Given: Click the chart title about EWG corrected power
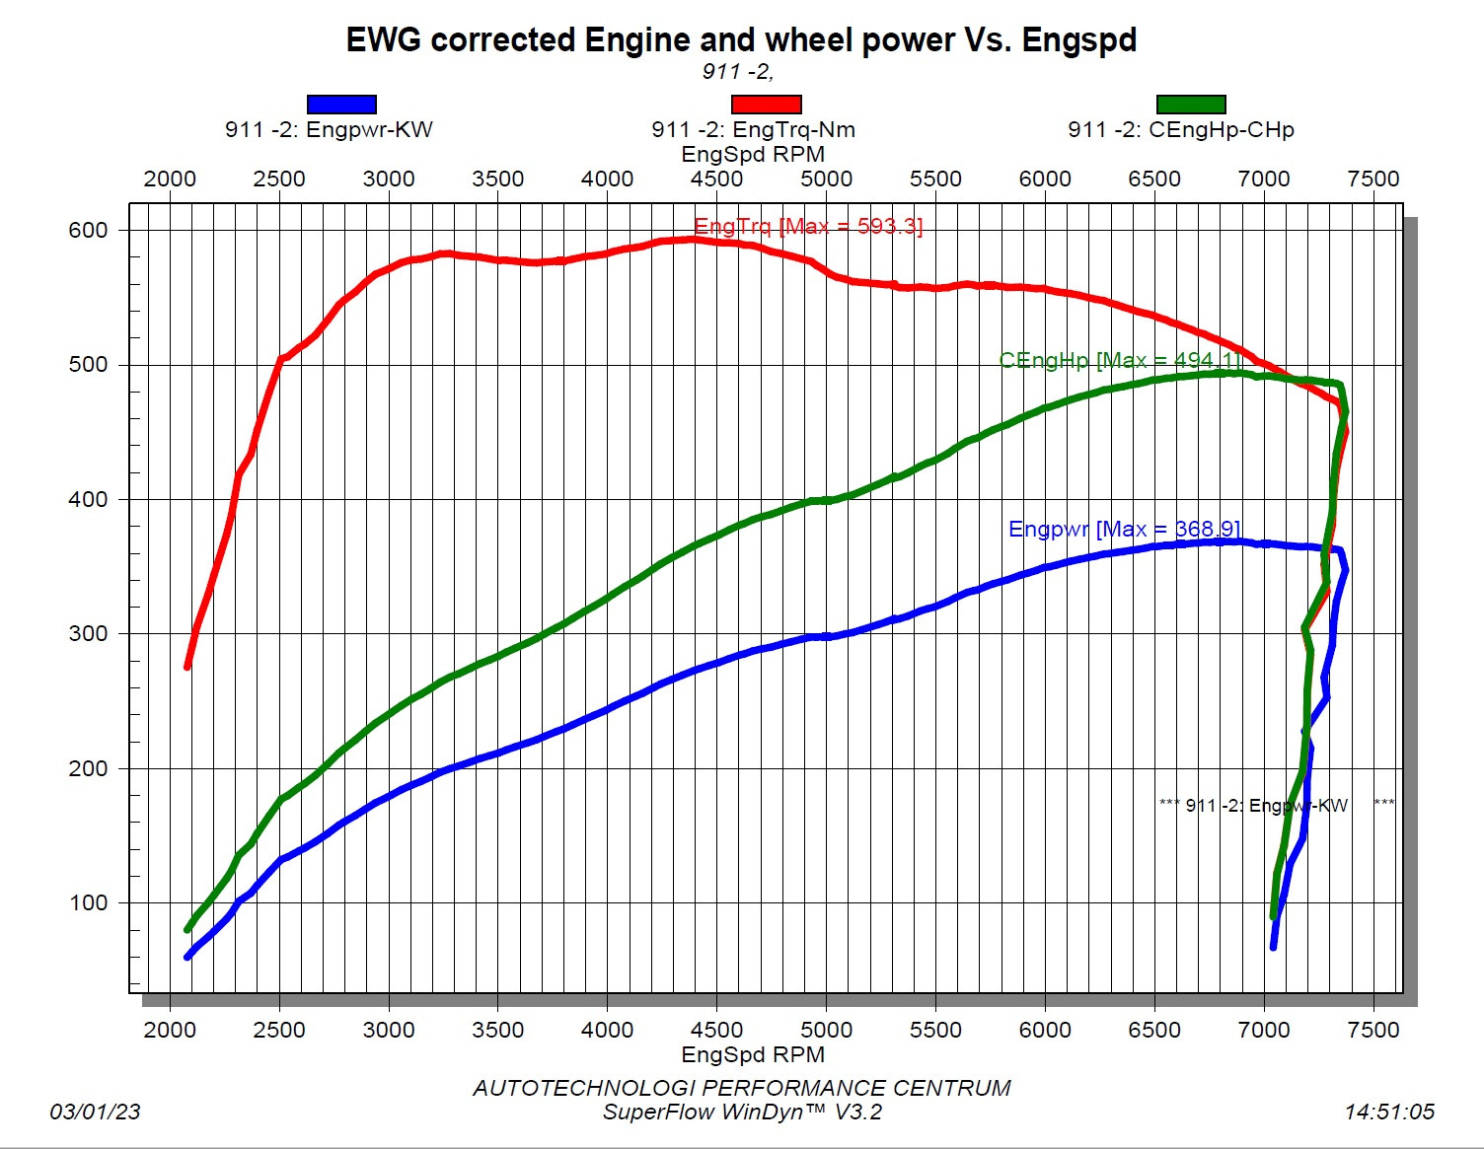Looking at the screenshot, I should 741,40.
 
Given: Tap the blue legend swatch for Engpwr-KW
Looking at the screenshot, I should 341,105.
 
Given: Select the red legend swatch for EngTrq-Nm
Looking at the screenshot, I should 766,105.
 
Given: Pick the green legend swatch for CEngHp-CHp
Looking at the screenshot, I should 1191,105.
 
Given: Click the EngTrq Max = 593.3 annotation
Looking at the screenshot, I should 808,226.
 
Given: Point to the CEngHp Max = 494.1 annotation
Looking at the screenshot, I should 1119,360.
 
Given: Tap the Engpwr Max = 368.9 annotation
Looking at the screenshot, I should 1124,530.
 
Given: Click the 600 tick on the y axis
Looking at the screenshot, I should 88,230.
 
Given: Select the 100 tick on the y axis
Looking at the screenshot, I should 88,902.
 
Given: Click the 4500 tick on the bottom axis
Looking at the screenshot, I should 716,1030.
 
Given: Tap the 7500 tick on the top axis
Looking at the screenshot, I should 1373,179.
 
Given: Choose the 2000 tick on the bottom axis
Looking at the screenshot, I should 170,1030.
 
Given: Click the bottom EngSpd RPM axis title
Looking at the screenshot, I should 753,1054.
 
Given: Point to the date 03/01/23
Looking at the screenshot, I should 95,1112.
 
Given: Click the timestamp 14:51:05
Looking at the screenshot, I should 1388,1112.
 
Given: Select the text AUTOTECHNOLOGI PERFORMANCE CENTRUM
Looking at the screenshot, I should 742,1088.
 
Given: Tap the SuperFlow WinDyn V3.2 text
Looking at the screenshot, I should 742,1113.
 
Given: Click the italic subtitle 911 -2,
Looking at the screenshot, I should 737,71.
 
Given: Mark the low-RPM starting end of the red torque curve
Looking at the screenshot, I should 187,667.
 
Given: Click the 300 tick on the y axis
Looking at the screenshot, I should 88,633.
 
